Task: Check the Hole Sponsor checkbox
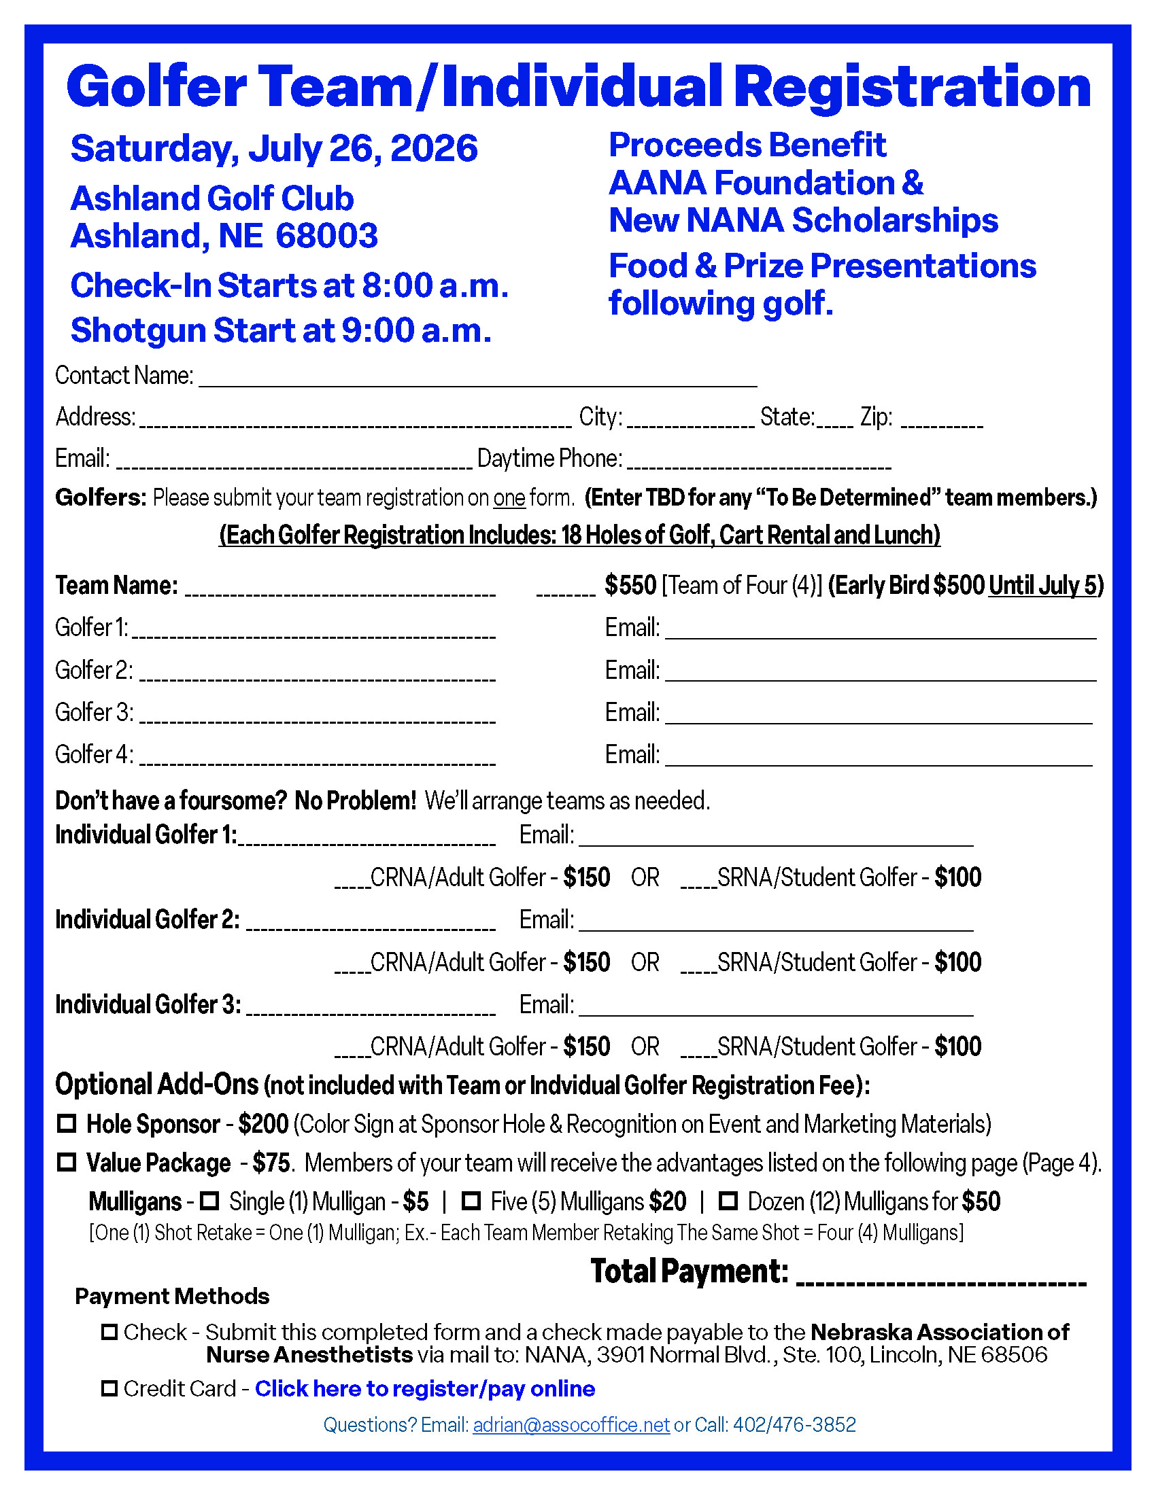pyautogui.click(x=67, y=1123)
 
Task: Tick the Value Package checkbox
pyautogui.click(x=67, y=1162)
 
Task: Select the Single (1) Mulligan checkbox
pyautogui.click(x=209, y=1201)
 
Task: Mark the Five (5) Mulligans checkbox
pyautogui.click(x=471, y=1201)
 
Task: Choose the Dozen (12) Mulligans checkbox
pyautogui.click(x=728, y=1201)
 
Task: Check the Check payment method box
pyautogui.click(x=109, y=1332)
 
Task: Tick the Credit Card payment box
pyautogui.click(x=109, y=1388)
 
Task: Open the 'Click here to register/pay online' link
pyautogui.click(x=424, y=1388)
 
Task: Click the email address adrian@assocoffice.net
pyautogui.click(x=571, y=1424)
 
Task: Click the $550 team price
pyautogui.click(x=630, y=585)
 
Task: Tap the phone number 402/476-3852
pyautogui.click(x=794, y=1424)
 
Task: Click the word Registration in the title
pyautogui.click(x=917, y=86)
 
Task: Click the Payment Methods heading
pyautogui.click(x=172, y=1296)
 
